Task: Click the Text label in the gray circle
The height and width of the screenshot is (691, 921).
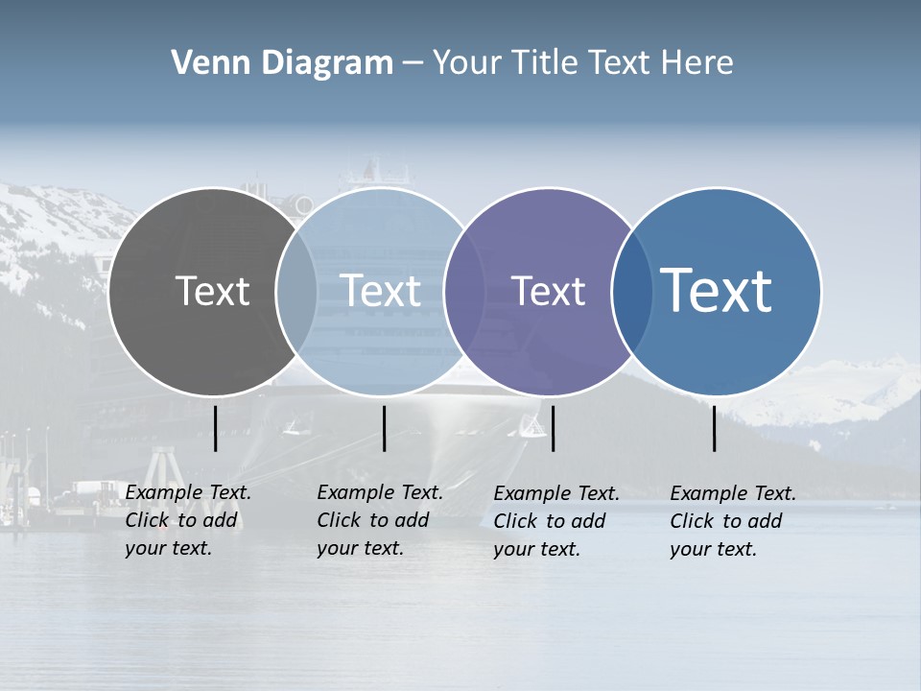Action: pyautogui.click(x=212, y=291)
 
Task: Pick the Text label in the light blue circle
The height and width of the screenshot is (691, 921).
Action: pyautogui.click(x=380, y=291)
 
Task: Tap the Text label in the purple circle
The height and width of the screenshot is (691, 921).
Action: pyautogui.click(x=548, y=291)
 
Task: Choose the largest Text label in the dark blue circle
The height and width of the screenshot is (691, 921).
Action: pyautogui.click(x=717, y=291)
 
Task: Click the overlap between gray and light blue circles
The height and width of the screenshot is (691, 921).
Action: pyautogui.click(x=296, y=291)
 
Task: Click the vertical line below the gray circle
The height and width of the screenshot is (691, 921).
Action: pyautogui.click(x=216, y=428)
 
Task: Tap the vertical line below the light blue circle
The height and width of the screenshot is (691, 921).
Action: pyautogui.click(x=384, y=428)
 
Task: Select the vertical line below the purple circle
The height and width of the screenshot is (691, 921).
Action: pyautogui.click(x=553, y=428)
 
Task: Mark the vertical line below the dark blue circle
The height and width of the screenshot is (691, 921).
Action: pyautogui.click(x=715, y=428)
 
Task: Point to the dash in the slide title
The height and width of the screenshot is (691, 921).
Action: pyautogui.click(x=413, y=63)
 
